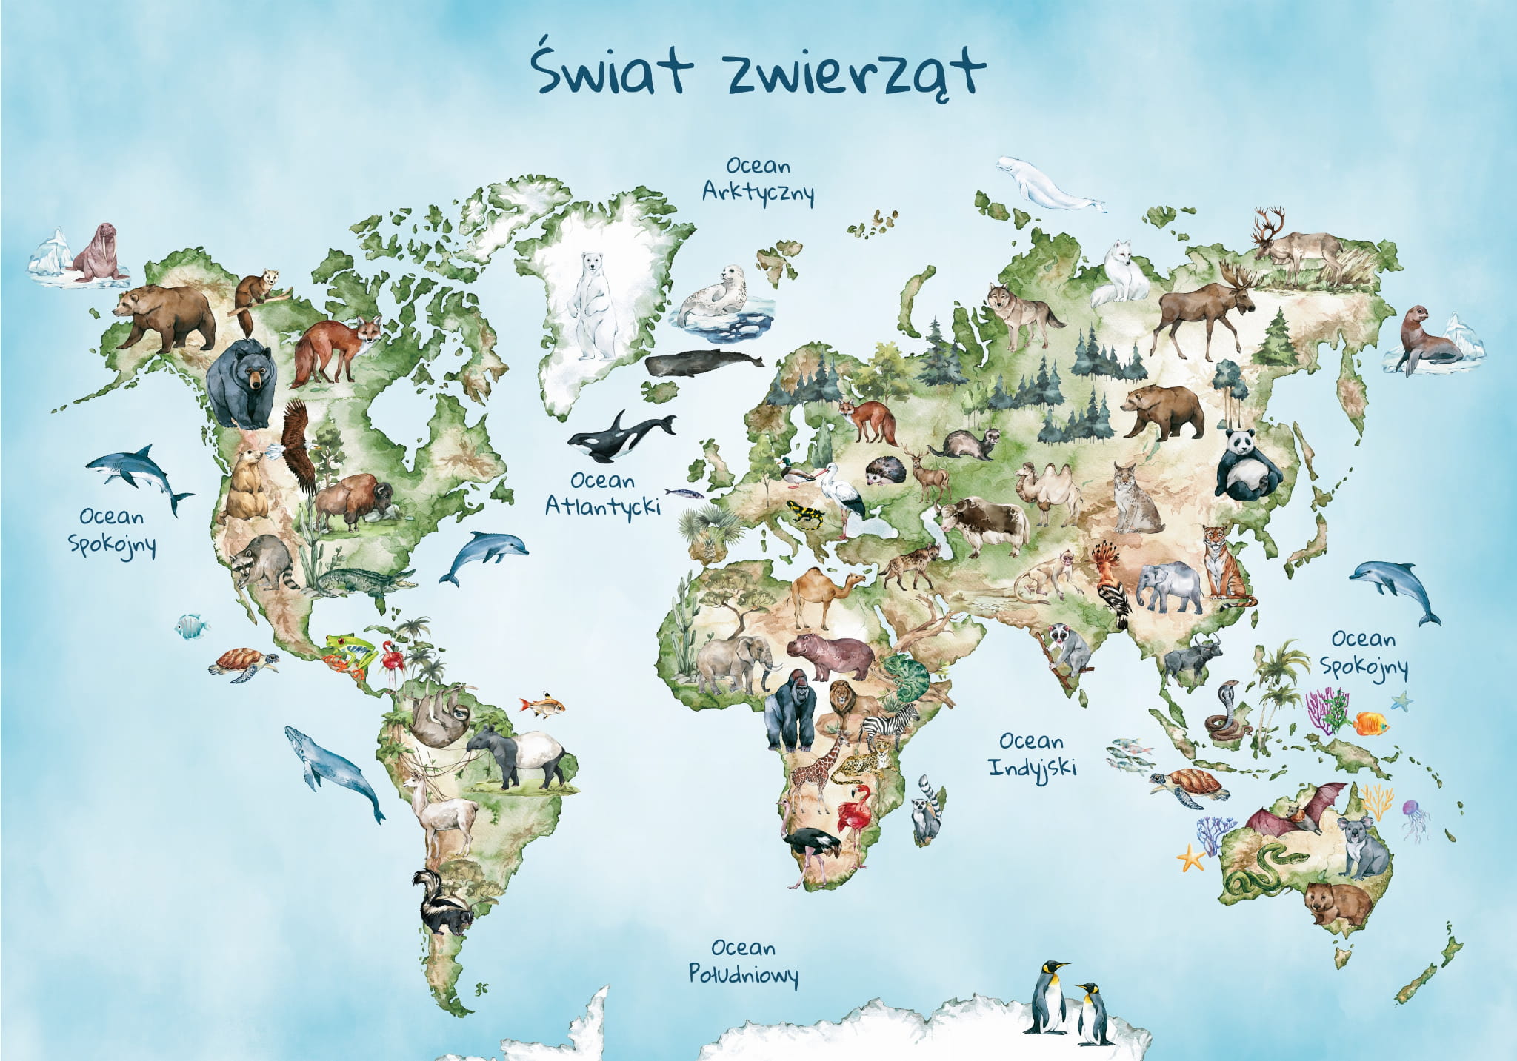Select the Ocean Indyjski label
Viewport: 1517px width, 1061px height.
point(1031,754)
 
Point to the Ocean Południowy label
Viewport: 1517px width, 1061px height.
point(743,960)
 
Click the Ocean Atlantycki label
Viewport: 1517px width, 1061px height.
point(602,493)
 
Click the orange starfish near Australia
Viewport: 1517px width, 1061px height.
point(1190,858)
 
